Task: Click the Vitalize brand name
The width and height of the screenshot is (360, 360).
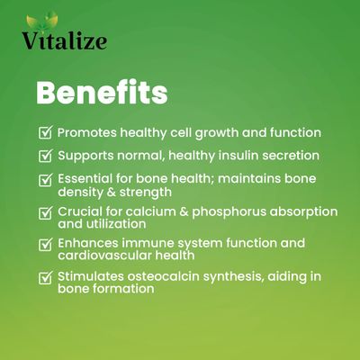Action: [65, 40]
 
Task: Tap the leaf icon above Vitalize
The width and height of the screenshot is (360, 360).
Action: [41, 21]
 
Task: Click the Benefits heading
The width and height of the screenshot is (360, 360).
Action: [102, 92]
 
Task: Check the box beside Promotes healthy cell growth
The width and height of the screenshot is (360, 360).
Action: [46, 132]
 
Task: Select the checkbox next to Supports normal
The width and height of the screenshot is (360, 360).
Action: [46, 156]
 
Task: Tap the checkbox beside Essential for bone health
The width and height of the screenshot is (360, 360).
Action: [46, 179]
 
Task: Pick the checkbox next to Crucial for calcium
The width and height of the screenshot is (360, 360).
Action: [46, 212]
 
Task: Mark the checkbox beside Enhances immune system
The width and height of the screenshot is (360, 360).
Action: [46, 244]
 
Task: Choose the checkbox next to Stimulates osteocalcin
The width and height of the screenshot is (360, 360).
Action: [46, 277]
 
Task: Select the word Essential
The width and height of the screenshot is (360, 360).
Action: [85, 178]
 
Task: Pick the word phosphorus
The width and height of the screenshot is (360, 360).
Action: [229, 212]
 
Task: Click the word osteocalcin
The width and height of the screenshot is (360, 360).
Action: [163, 276]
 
